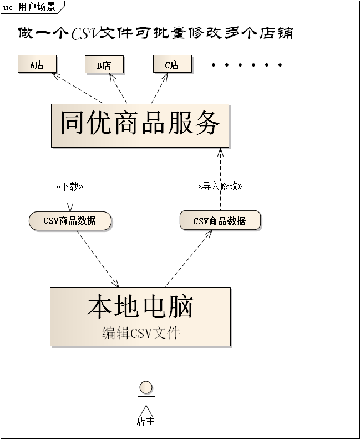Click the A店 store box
(x=37, y=64)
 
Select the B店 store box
(x=104, y=65)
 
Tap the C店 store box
(x=172, y=64)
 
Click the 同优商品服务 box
(x=140, y=125)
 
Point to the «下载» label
(x=70, y=186)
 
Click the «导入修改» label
(x=220, y=186)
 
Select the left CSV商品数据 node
(x=70, y=221)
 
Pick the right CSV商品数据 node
(x=220, y=221)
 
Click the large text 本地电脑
(x=140, y=307)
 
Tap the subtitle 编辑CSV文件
(x=141, y=333)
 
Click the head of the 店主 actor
(x=146, y=387)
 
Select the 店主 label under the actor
(x=146, y=422)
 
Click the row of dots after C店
(x=247, y=65)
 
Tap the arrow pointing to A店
(x=78, y=88)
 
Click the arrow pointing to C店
(x=160, y=88)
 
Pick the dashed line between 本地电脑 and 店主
(x=146, y=364)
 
